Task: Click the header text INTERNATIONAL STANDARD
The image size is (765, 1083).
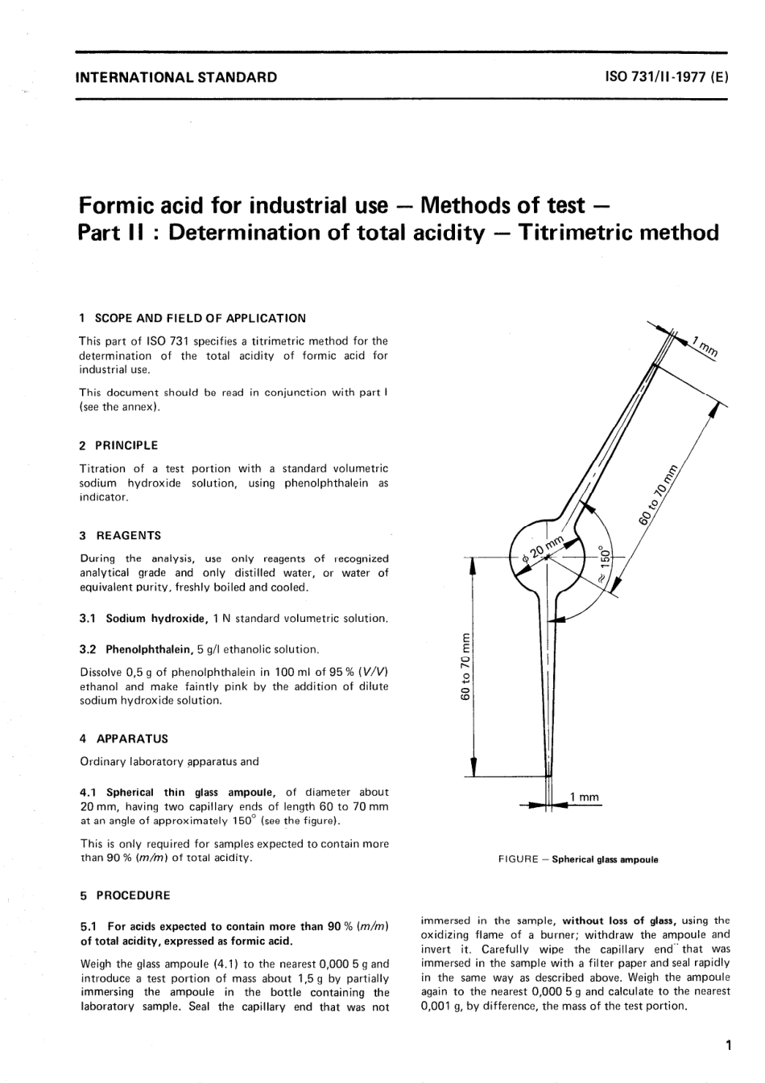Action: (x=176, y=78)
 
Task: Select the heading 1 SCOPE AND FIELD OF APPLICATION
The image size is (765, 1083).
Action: (x=192, y=318)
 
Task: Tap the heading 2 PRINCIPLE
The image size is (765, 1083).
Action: (x=118, y=445)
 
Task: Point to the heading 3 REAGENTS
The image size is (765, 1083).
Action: (x=120, y=535)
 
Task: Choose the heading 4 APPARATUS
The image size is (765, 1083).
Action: (x=123, y=738)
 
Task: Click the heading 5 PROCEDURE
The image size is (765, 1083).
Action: (x=125, y=895)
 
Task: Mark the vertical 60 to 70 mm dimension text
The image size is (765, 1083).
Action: (x=464, y=667)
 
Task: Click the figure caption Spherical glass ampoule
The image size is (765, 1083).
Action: (x=605, y=859)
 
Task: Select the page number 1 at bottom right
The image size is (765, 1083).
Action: (x=727, y=1046)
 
